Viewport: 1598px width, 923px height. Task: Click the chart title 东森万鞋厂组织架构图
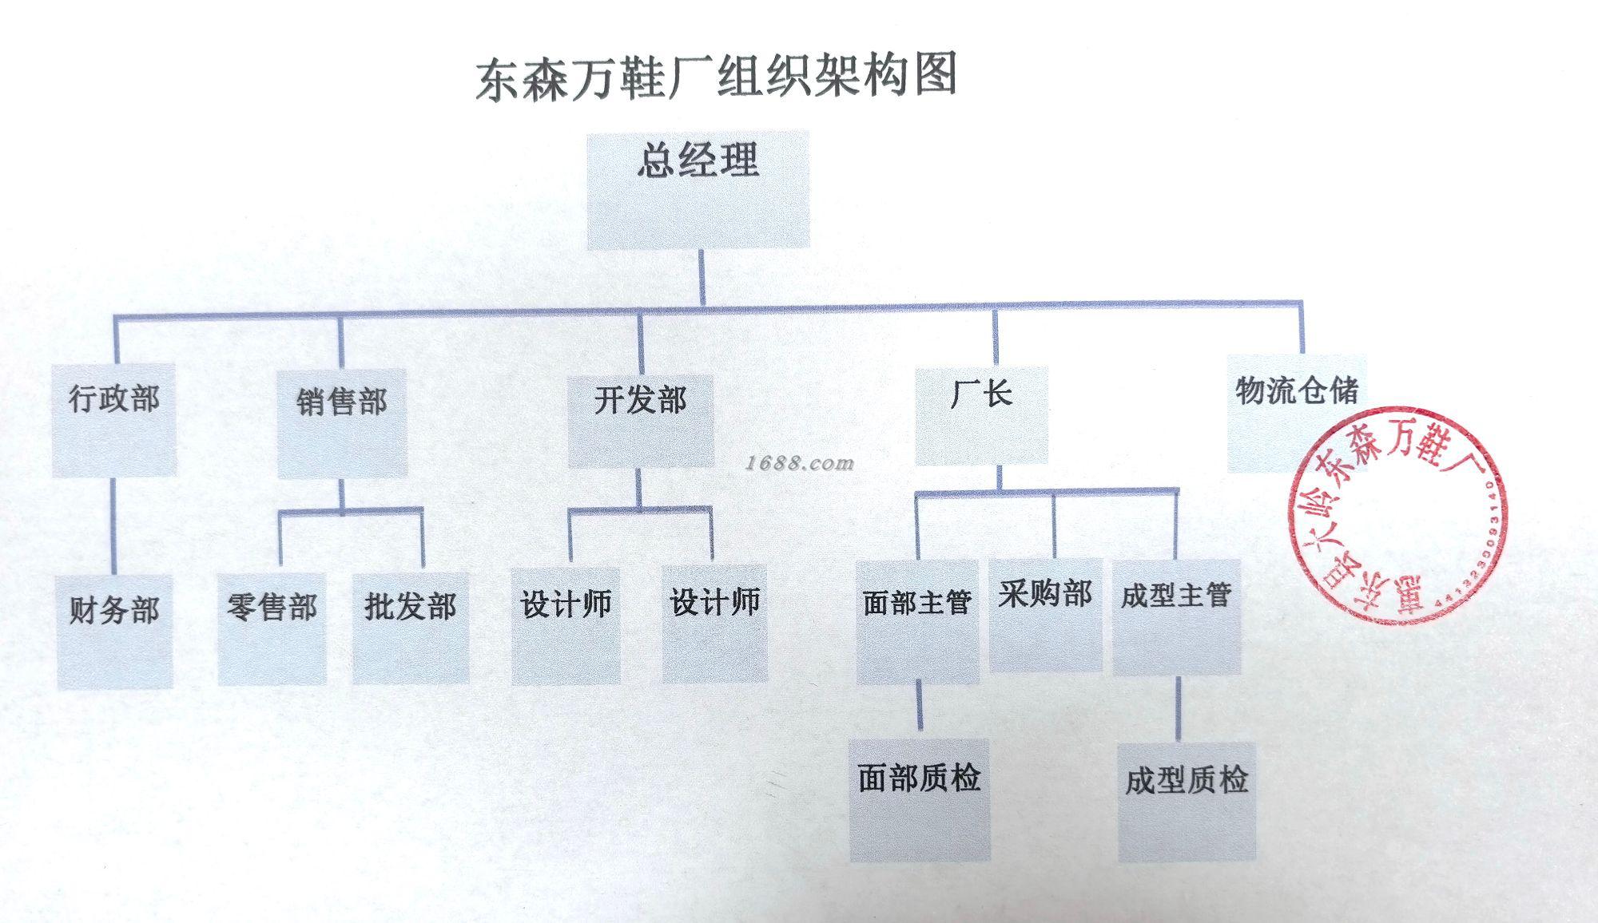tap(717, 77)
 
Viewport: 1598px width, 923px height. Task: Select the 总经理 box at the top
tap(698, 190)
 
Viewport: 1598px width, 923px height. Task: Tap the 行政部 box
tap(114, 420)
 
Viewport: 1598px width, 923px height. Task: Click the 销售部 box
tap(342, 422)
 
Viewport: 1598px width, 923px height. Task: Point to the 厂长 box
tap(981, 415)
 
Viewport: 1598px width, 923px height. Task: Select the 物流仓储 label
tap(1296, 390)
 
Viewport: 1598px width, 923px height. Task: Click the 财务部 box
tap(115, 631)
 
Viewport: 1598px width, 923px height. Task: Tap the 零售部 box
tap(272, 628)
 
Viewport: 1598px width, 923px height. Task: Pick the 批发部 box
tap(411, 628)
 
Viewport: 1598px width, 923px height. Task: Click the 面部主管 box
tap(917, 622)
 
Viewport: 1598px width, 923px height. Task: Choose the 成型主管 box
tap(1176, 617)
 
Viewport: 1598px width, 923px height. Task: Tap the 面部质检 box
tap(920, 799)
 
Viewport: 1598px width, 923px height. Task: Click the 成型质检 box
tap(1187, 802)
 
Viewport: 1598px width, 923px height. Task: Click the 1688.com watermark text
tap(800, 463)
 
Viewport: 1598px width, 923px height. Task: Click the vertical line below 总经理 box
tap(702, 276)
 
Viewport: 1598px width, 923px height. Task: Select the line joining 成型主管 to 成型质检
tap(1179, 709)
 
